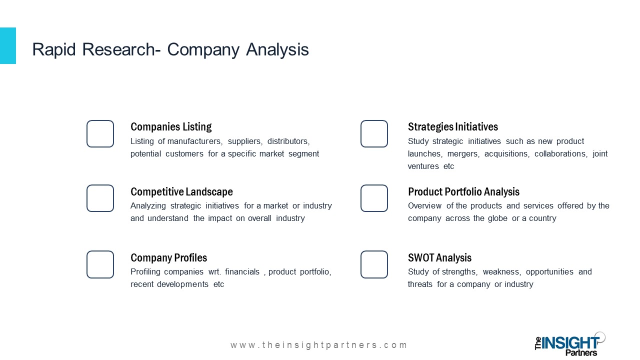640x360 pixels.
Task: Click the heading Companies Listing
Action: [171, 127]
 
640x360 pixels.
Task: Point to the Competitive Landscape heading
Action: [181, 191]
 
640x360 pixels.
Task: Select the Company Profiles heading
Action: [168, 257]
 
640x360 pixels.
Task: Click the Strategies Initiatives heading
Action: [453, 127]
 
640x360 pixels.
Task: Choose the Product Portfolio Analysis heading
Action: [463, 191]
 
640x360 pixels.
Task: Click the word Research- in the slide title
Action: [121, 49]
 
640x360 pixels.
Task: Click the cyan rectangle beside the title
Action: [8, 45]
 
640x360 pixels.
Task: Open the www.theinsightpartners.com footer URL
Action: [318, 345]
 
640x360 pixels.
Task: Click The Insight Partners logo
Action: [569, 344]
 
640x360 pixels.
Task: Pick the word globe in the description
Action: [497, 218]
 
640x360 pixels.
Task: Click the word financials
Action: [242, 271]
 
